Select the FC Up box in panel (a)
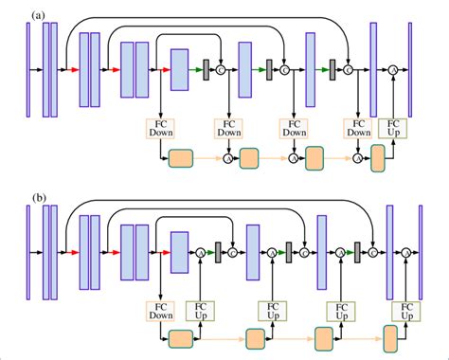click(x=390, y=128)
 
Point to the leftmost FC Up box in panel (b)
click(x=200, y=311)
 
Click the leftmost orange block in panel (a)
click(x=179, y=158)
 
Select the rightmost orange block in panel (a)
click(x=380, y=158)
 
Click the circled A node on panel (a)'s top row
click(x=391, y=69)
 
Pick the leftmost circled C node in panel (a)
click(x=220, y=69)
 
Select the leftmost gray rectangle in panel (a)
click(x=206, y=69)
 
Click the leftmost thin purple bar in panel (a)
click(x=27, y=69)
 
